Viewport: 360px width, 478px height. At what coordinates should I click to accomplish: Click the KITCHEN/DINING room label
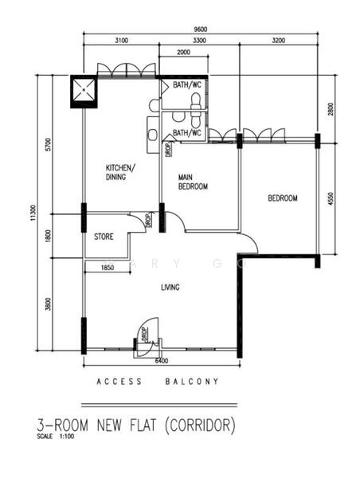120,173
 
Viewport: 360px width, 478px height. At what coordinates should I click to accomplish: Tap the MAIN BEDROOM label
193,182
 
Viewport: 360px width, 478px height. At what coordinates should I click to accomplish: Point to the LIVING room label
168,288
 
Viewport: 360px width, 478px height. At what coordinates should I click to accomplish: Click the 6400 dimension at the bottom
162,361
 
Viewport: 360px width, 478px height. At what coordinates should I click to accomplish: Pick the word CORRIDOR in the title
202,426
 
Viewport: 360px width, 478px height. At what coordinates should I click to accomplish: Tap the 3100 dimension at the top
122,40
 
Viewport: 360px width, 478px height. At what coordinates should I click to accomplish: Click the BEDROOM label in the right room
282,198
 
